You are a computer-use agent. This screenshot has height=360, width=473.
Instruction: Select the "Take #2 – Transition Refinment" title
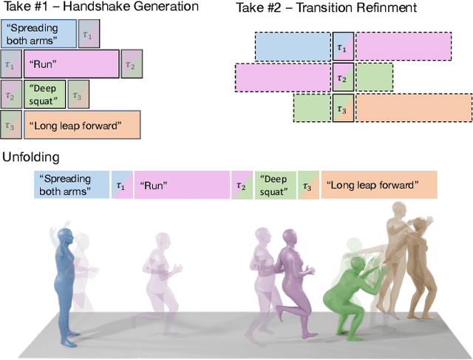(x=326, y=8)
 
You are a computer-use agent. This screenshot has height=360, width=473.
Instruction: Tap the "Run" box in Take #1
(x=71, y=64)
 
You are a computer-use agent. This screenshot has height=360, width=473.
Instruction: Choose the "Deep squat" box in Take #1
(x=43, y=94)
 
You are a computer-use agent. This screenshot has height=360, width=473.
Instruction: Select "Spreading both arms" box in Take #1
(x=38, y=34)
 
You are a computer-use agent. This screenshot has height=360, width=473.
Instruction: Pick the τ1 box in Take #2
(x=341, y=47)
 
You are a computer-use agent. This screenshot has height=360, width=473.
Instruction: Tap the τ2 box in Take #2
(x=341, y=77)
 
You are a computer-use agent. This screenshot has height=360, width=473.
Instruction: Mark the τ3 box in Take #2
(x=341, y=108)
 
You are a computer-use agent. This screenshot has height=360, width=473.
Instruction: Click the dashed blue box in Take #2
(x=293, y=47)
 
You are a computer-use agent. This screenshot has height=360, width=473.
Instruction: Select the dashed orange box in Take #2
(x=414, y=108)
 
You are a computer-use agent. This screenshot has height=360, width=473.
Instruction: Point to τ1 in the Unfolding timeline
(x=120, y=185)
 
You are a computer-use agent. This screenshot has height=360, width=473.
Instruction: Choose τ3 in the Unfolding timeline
(x=308, y=185)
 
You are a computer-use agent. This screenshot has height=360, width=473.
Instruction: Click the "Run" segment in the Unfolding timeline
(x=181, y=185)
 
